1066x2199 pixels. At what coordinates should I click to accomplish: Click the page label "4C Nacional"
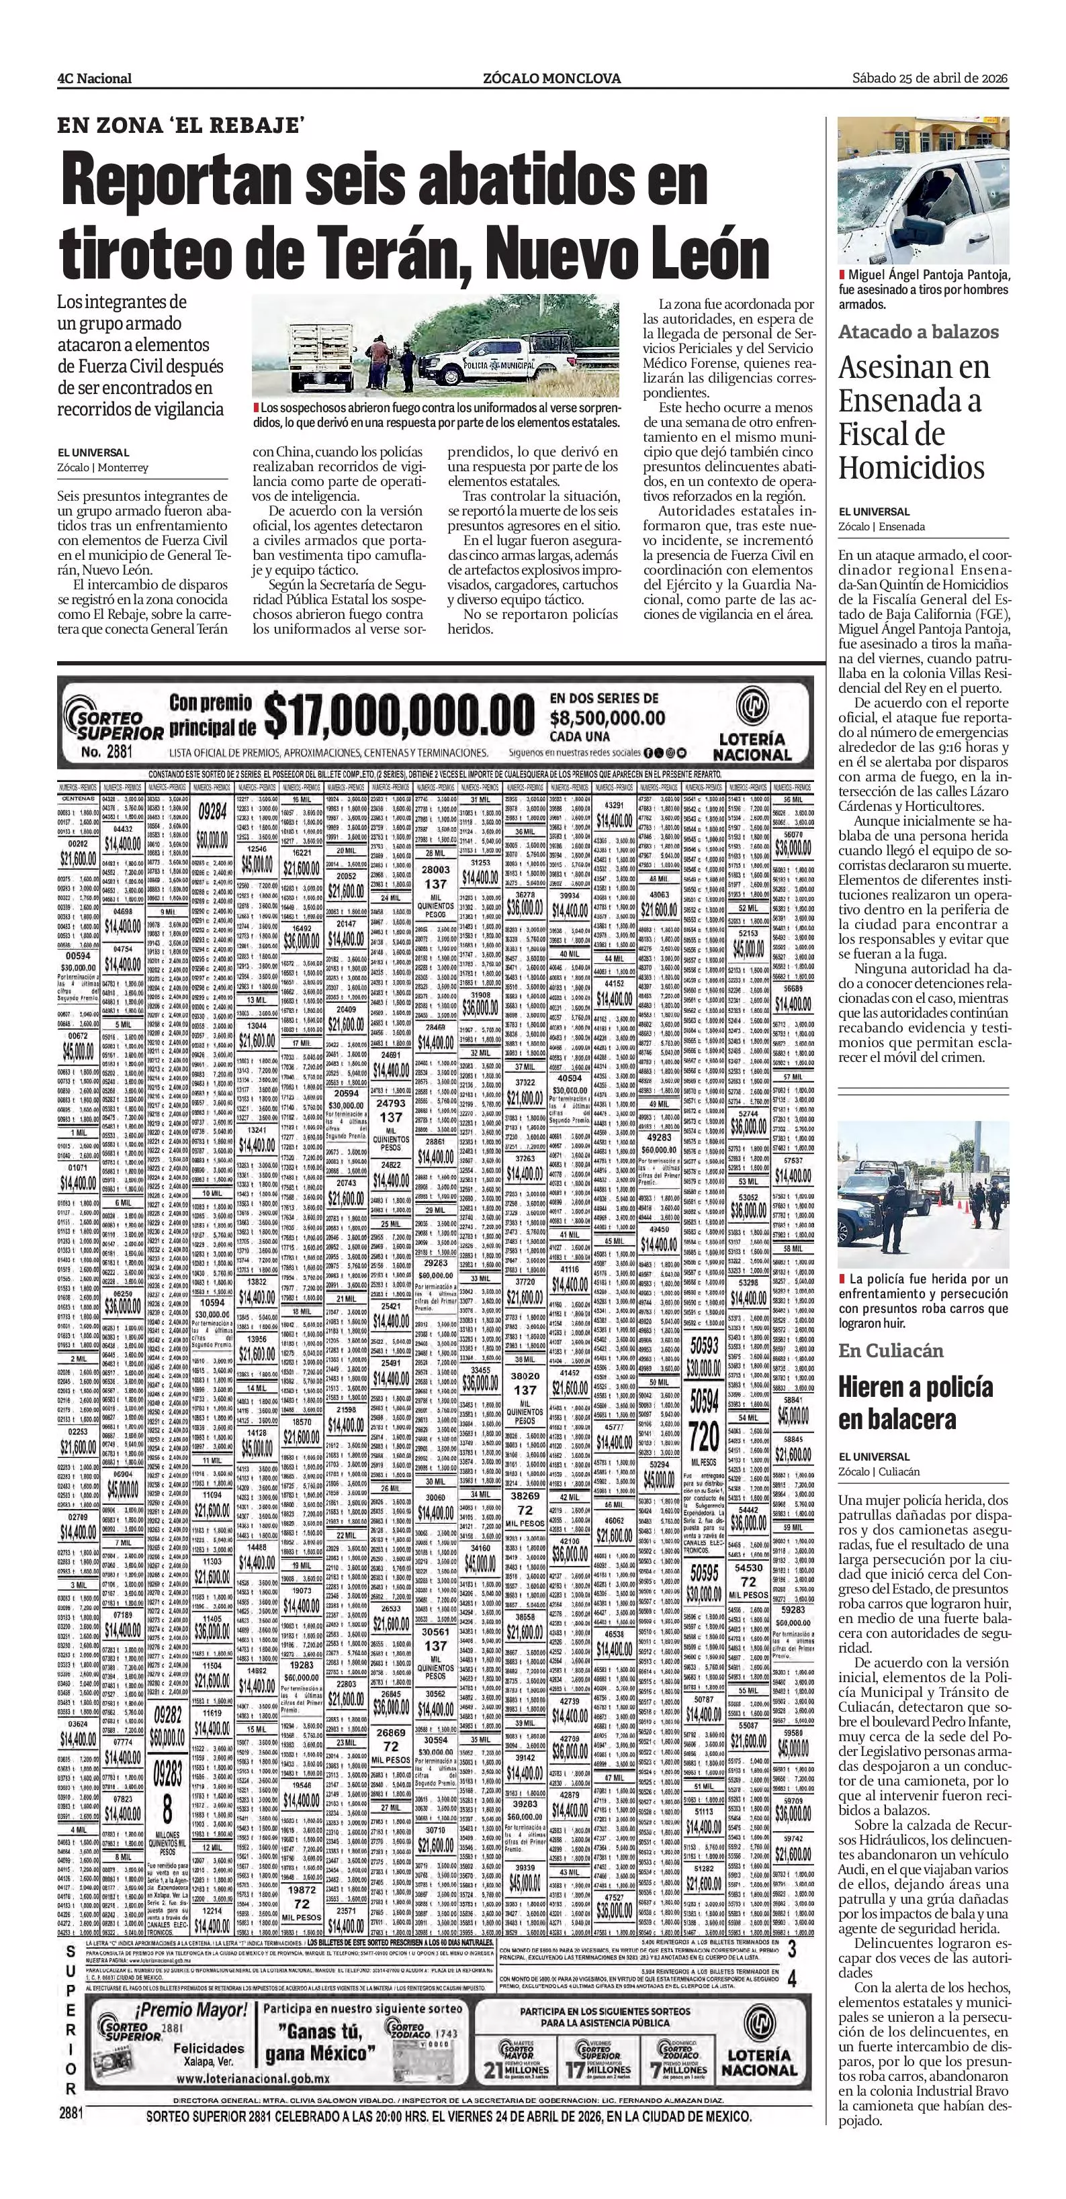pos(94,79)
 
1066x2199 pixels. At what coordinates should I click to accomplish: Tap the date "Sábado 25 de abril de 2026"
pos(930,79)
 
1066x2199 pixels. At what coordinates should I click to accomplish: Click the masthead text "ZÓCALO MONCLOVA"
pos(551,79)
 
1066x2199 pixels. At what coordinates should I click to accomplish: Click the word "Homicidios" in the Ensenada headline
pos(912,468)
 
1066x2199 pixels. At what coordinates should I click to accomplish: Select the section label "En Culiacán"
pos(890,1351)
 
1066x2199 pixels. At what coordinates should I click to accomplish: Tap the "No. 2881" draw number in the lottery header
pos(105,752)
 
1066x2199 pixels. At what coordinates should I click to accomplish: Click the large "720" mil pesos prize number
pos(704,1438)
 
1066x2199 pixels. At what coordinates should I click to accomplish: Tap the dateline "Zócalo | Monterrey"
pos(103,468)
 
